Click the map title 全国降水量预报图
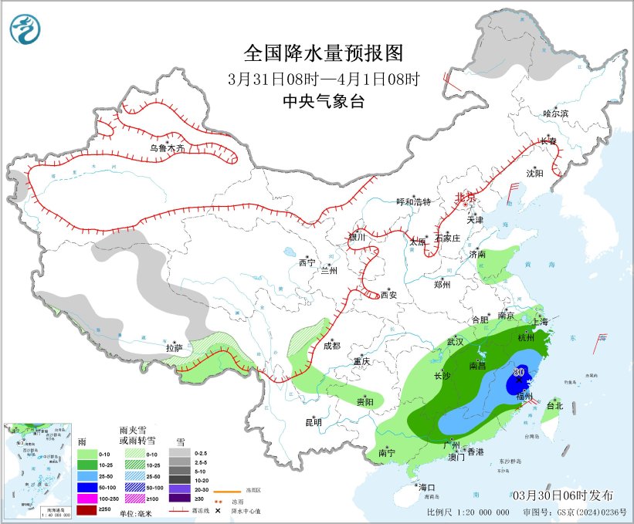click(324, 52)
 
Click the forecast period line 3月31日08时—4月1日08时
click(324, 79)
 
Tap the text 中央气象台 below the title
click(324, 101)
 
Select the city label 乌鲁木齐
click(168, 147)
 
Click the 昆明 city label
click(313, 422)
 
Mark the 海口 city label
click(427, 487)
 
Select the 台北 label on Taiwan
click(554, 405)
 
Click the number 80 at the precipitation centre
click(519, 372)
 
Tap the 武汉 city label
click(455, 341)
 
